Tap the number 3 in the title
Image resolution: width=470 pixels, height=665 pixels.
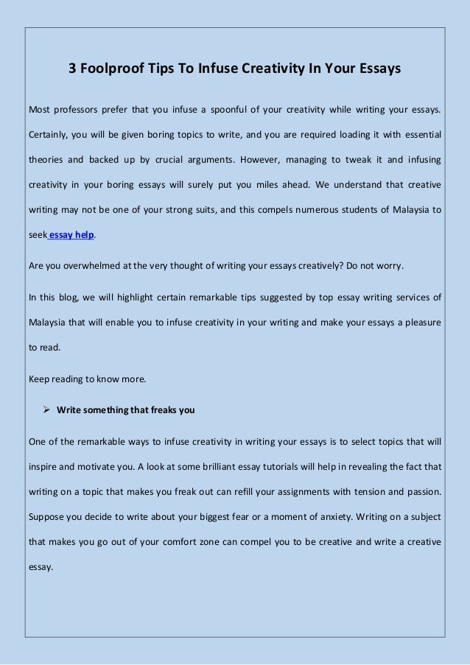pos(73,69)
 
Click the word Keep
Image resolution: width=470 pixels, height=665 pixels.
pos(38,380)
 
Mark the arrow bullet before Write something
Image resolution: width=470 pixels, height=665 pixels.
pos(46,410)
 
